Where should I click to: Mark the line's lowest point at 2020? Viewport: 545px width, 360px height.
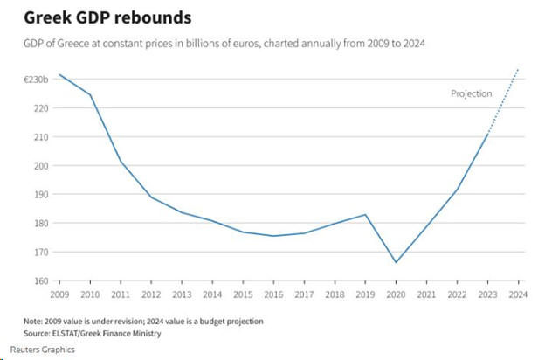pyautogui.click(x=397, y=262)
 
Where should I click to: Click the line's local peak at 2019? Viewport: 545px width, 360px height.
pyautogui.click(x=366, y=214)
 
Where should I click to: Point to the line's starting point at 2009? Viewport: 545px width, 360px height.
pyautogui.click(x=59, y=75)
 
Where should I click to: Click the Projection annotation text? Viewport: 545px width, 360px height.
pyautogui.click(x=472, y=93)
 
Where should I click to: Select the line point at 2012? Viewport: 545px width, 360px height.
pyautogui.click(x=151, y=197)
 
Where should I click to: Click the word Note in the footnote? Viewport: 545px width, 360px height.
pyautogui.click(x=34, y=321)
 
